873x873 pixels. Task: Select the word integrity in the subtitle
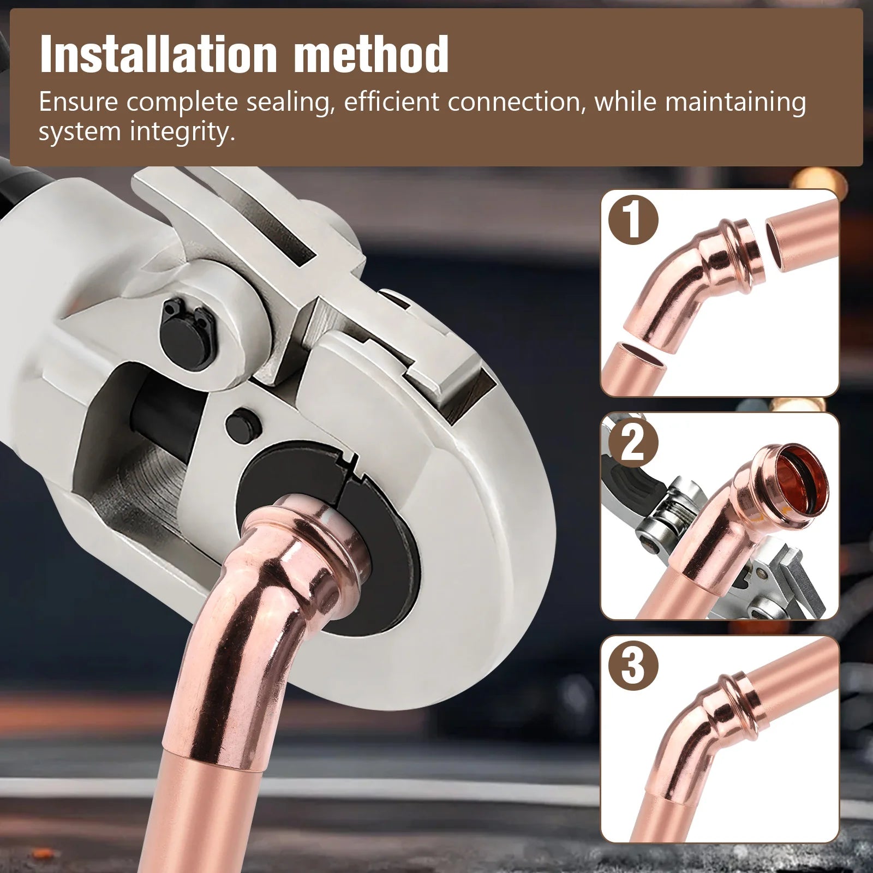point(183,133)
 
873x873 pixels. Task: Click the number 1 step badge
point(633,220)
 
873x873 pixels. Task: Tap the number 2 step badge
point(633,443)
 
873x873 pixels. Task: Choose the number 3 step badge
point(633,666)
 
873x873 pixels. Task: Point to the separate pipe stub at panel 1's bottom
point(633,369)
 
